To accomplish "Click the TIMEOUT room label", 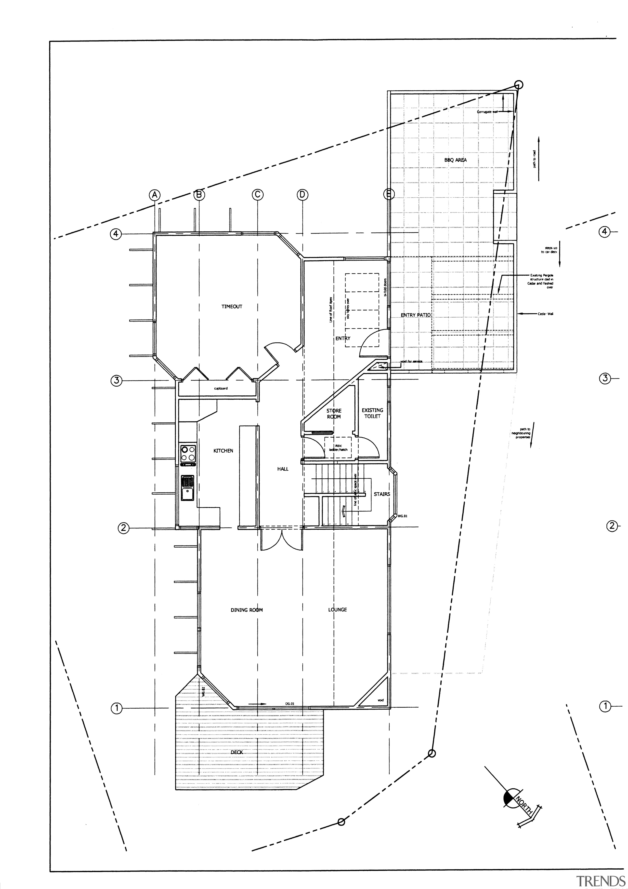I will click(232, 307).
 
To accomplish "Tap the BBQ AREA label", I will click(456, 160).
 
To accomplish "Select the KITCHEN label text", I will click(223, 451).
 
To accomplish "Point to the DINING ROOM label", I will click(247, 610).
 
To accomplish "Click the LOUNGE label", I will click(337, 609).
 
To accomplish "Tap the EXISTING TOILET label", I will click(372, 413).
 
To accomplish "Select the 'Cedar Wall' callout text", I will click(545, 314).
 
